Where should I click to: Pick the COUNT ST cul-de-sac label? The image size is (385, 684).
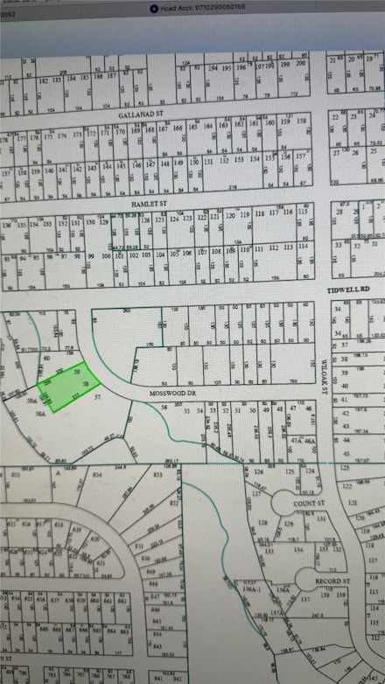point(309,504)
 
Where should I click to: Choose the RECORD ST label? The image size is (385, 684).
point(332,581)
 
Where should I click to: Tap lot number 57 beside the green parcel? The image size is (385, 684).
point(99,398)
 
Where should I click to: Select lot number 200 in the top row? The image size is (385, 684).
point(299,64)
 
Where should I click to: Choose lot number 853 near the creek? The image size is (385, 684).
point(157,474)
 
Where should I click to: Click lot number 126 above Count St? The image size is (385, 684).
point(259,472)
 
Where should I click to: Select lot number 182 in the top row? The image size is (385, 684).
point(44,79)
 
